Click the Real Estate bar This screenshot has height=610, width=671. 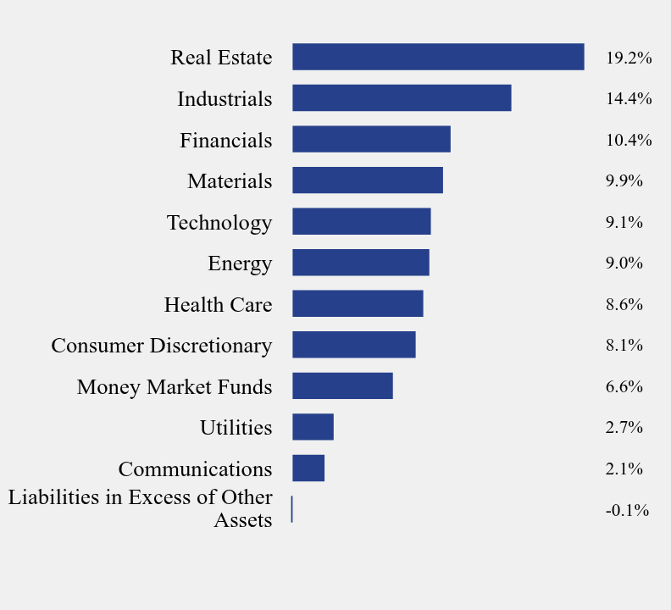pos(438,57)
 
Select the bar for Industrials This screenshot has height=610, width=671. pos(402,97)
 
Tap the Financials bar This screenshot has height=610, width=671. pos(371,139)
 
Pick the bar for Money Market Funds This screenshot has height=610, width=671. pos(342,385)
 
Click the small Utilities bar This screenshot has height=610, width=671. pos(313,427)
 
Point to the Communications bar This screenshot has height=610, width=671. pos(308,468)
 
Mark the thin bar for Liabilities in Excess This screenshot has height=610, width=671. pos(291,509)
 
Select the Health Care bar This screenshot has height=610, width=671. pos(358,303)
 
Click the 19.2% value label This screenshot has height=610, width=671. pos(628,58)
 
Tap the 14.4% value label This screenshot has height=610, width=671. pos(628,98)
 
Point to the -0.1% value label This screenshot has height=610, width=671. pos(627,510)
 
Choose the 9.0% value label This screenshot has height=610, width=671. pos(624,263)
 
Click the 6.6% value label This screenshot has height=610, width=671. pos(624,386)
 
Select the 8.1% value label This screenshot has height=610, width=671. pos(624,345)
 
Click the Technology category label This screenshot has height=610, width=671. pos(219,222)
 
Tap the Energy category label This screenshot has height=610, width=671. pos(240,263)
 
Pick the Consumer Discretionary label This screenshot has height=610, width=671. pos(162,345)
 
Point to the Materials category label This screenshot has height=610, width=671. pos(230,180)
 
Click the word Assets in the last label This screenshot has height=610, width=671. pos(243,520)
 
